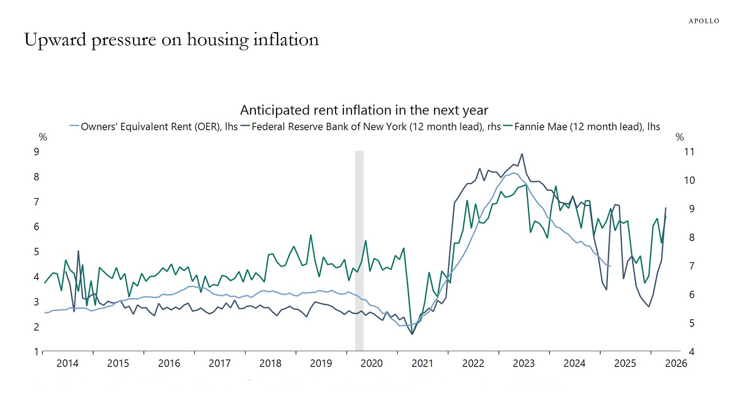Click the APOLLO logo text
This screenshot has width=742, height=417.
pyautogui.click(x=704, y=21)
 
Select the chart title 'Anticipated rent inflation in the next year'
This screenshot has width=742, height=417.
pyautogui.click(x=364, y=110)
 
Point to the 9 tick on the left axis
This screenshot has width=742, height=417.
pyautogui.click(x=36, y=151)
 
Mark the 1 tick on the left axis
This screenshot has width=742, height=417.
pyautogui.click(x=36, y=351)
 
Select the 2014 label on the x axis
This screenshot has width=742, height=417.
pyautogui.click(x=68, y=363)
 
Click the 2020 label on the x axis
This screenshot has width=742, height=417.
pyautogui.click(x=372, y=363)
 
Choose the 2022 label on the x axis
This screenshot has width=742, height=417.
pyautogui.click(x=473, y=363)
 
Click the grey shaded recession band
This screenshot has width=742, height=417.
pyautogui.click(x=359, y=250)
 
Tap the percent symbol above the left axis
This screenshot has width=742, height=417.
pyautogui.click(x=43, y=138)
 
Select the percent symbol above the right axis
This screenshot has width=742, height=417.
pyautogui.click(x=680, y=138)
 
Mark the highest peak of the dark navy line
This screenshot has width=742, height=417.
pyautogui.click(x=522, y=154)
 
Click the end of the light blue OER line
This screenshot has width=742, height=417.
pyautogui.click(x=611, y=266)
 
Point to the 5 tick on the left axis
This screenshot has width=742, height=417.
pyautogui.click(x=36, y=251)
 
